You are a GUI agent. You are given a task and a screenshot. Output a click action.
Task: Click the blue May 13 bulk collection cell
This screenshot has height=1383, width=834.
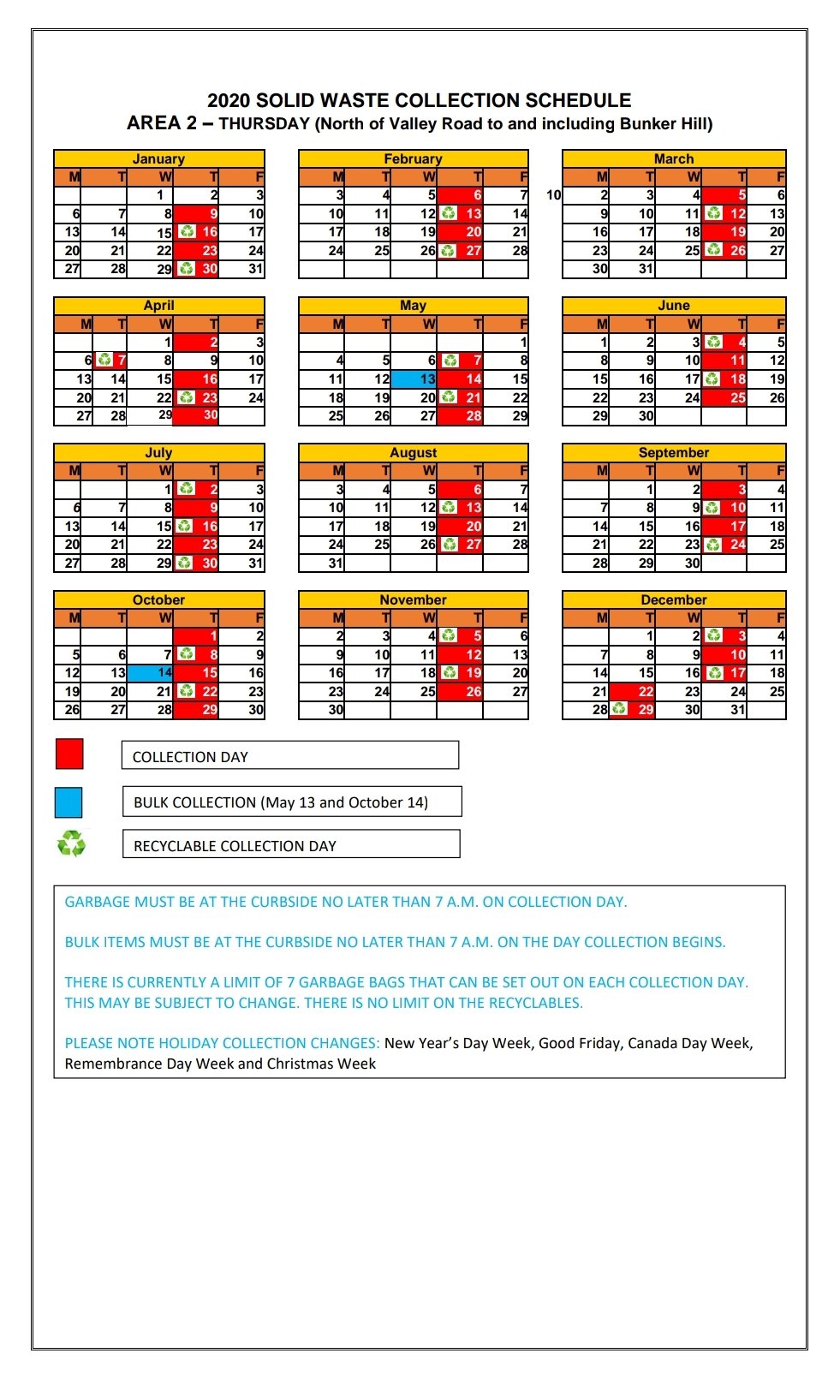(414, 379)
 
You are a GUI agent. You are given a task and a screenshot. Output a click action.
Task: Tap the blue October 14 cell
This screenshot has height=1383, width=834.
(151, 672)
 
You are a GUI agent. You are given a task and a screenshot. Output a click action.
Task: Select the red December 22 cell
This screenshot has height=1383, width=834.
(632, 691)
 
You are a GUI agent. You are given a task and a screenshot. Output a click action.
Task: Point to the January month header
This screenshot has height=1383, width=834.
(158, 158)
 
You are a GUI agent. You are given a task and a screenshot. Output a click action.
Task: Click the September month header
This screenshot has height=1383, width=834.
(674, 452)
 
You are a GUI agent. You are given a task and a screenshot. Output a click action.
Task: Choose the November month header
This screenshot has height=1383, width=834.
(413, 599)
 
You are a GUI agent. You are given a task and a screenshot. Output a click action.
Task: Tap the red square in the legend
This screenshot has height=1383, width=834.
(69, 754)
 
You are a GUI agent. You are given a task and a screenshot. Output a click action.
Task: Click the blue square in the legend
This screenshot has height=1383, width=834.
(69, 802)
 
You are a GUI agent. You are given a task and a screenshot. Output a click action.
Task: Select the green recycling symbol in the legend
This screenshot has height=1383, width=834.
(71, 844)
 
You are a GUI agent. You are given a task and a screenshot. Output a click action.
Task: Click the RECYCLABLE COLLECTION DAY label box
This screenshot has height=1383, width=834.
(291, 845)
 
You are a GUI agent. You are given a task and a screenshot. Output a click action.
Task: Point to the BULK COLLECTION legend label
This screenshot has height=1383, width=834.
(291, 802)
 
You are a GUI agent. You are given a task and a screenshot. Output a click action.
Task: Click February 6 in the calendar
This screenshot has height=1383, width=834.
(461, 195)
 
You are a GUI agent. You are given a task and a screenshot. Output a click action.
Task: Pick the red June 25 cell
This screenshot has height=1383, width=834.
(724, 397)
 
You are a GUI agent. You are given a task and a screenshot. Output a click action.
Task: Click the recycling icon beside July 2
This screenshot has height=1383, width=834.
(185, 489)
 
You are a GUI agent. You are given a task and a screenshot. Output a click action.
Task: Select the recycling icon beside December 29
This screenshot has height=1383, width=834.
(620, 709)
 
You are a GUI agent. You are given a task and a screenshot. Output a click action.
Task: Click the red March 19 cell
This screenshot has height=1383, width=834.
(724, 232)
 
